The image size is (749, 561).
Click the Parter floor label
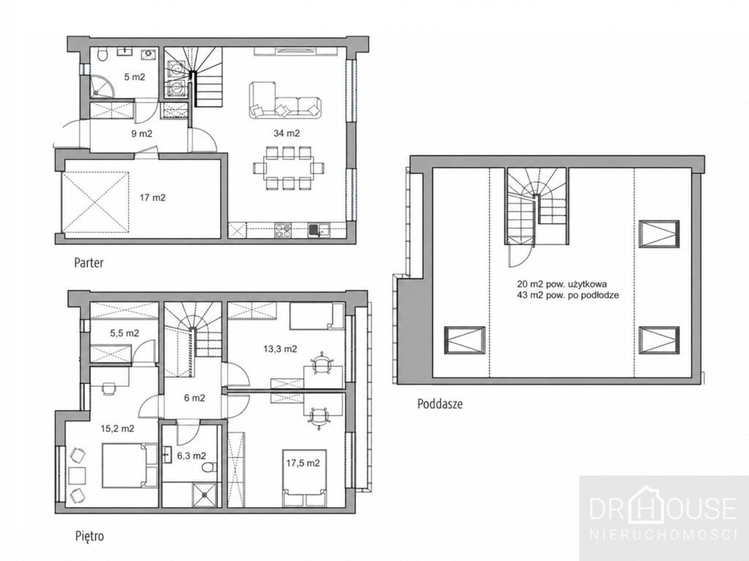(89, 263)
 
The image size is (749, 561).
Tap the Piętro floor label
(89, 536)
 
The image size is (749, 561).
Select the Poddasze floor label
(440, 405)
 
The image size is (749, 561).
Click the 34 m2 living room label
(287, 134)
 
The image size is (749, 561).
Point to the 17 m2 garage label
(152, 197)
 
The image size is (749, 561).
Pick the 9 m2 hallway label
(141, 134)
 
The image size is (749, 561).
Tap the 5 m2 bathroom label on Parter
(135, 77)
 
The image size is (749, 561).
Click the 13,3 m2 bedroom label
(280, 349)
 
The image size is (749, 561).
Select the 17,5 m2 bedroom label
(303, 463)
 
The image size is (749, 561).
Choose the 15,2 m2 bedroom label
(117, 429)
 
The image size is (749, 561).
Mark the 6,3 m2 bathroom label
(192, 456)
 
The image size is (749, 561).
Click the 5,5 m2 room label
(124, 333)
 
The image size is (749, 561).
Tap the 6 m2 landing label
(195, 398)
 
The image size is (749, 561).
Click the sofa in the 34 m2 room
(285, 102)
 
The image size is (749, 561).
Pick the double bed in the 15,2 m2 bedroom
(129, 465)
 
